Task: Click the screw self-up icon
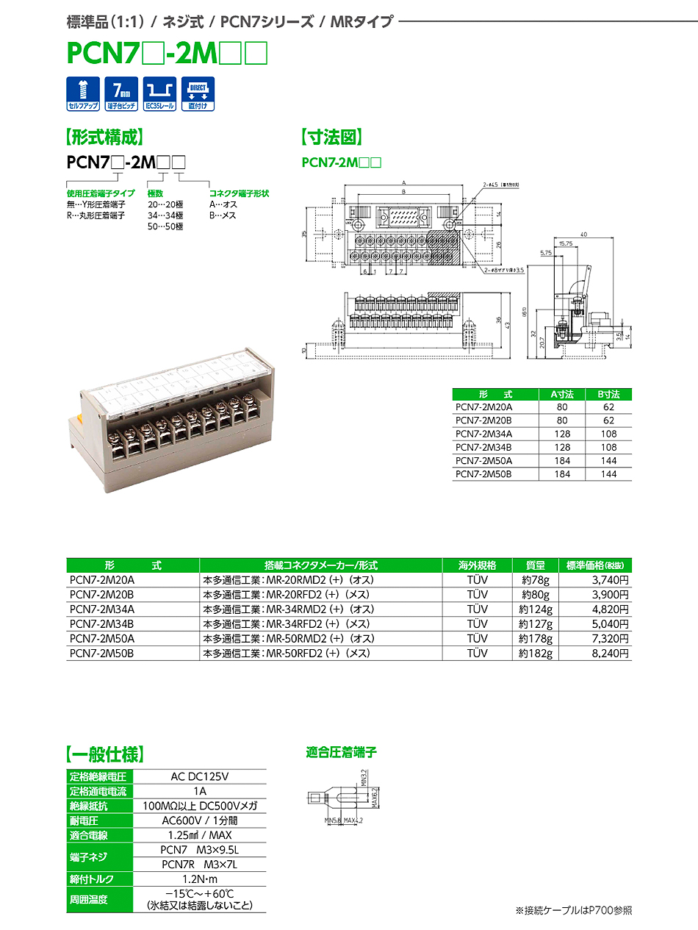point(83,93)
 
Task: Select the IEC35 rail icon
point(159,93)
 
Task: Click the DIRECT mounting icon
point(197,93)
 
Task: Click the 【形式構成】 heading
point(105,137)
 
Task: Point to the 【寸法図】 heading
point(331,137)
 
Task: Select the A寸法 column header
point(562,394)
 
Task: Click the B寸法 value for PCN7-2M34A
point(608,434)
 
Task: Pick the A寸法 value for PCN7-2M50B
point(562,474)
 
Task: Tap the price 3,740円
point(611,580)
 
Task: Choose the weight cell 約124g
point(535,609)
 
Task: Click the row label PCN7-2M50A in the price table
point(102,639)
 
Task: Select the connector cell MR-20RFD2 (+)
point(287,595)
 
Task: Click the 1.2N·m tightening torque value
point(199,879)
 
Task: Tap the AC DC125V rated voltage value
point(199,776)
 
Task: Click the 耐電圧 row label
point(84,820)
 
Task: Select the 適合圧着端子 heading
point(341,753)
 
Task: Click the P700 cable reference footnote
point(573,910)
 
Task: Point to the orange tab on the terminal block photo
point(76,422)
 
